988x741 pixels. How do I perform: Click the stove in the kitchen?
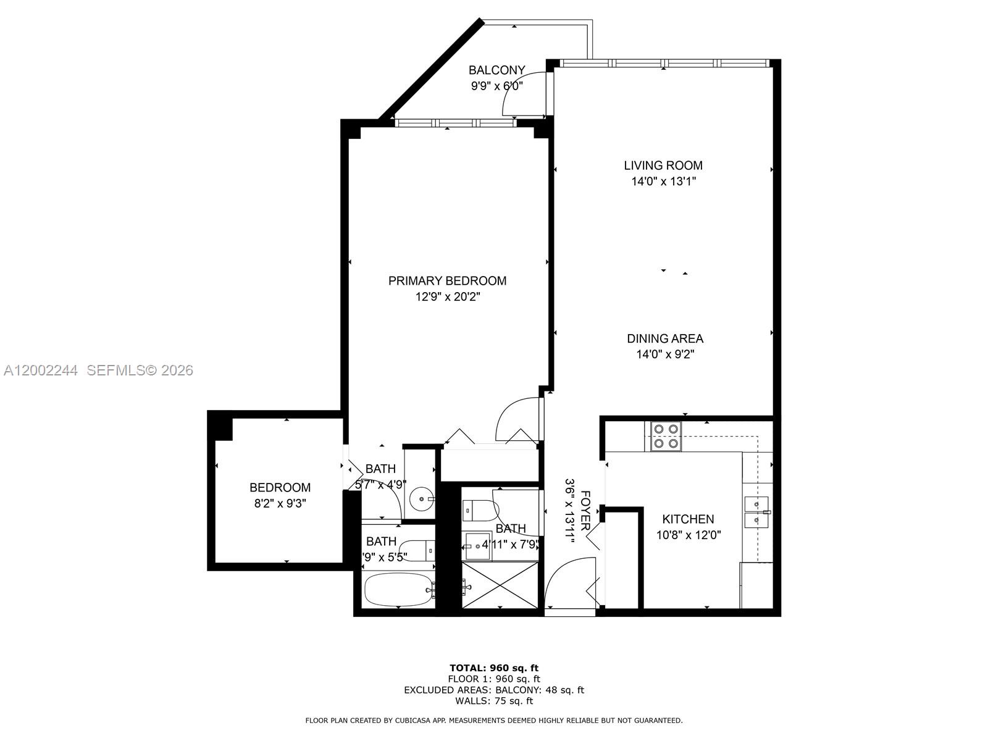click(665, 436)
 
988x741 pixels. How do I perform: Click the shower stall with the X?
click(500, 585)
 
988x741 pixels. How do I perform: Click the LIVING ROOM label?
click(663, 165)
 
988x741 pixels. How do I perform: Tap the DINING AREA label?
click(665, 338)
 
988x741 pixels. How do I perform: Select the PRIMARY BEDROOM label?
click(447, 281)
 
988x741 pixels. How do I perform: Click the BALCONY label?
click(496, 70)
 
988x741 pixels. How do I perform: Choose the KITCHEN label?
click(688, 519)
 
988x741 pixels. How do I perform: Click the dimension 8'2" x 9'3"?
click(280, 503)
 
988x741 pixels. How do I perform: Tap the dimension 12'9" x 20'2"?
click(447, 297)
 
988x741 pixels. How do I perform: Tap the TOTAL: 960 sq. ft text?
click(493, 668)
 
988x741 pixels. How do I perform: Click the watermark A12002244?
click(41, 371)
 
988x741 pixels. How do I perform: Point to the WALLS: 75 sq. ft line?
click(493, 701)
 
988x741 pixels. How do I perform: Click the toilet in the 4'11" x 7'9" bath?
click(480, 510)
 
